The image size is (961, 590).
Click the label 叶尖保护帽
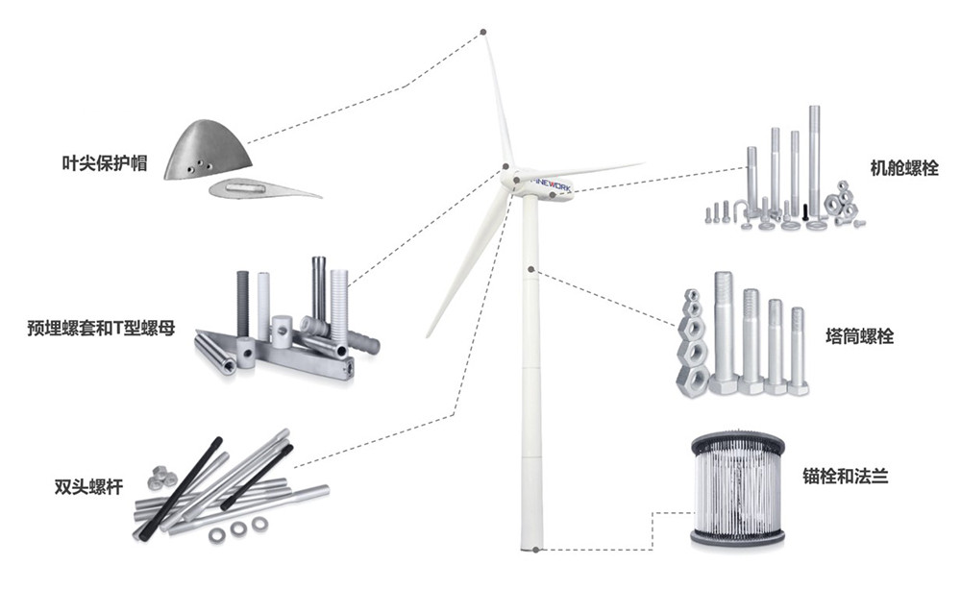pos(105,163)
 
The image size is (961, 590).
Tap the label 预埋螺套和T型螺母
pos(101,328)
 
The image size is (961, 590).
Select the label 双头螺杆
pos(88,487)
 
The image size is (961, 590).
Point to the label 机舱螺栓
pos(904,168)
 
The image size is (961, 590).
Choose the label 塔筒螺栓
pos(859,335)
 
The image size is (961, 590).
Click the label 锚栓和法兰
pos(846,476)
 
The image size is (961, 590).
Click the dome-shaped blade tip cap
pos(208,150)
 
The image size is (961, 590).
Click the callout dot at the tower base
pos(535,550)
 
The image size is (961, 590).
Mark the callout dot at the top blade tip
pos(483,32)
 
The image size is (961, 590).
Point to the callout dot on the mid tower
pos(531,269)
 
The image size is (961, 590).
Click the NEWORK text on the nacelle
pos(553,184)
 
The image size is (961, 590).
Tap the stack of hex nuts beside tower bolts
pos(692,339)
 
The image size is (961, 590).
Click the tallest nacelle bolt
pos(814,163)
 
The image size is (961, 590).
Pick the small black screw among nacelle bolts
pos(804,212)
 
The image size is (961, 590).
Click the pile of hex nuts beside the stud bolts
pos(160,478)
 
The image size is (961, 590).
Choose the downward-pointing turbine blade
pos(468,263)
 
